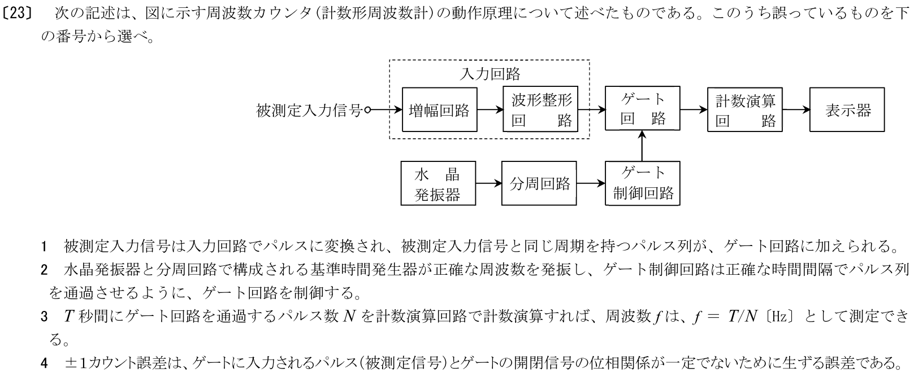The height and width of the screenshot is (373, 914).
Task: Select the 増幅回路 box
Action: coord(439,110)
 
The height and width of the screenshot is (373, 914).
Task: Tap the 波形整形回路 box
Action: coord(540,110)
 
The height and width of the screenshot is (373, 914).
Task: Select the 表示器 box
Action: coord(847,110)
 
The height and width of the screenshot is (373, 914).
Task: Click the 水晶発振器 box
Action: coord(438,184)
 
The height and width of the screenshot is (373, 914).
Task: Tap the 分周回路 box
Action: coord(539,184)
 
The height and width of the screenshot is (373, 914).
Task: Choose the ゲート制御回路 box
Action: coord(643,184)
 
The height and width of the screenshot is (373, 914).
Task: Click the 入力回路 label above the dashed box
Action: coord(490,73)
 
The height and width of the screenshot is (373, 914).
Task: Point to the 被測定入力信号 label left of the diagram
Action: coord(309,111)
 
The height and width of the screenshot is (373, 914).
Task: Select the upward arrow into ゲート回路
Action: coord(643,147)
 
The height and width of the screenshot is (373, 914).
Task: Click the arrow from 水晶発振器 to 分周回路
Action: coord(489,184)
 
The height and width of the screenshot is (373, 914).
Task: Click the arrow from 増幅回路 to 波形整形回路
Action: coord(490,111)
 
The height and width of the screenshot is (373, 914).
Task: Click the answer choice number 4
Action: coord(44,362)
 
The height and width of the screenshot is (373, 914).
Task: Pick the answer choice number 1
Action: coord(44,247)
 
